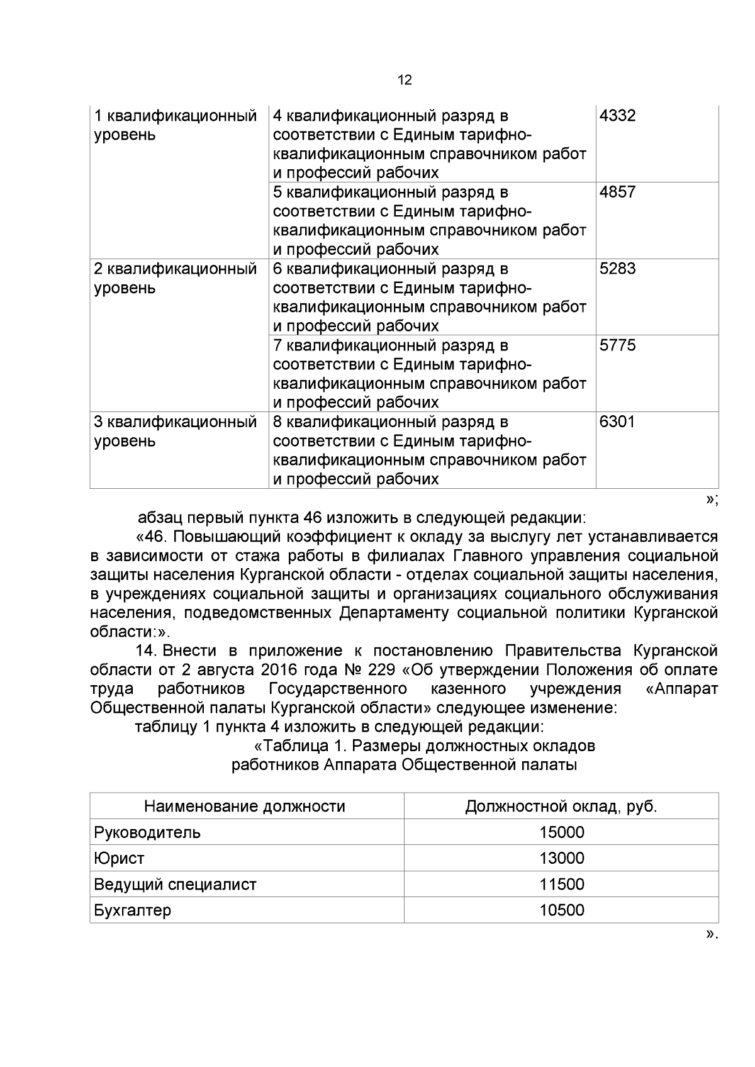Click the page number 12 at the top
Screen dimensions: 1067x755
405,80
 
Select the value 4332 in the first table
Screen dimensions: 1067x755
617,116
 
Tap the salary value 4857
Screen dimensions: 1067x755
617,193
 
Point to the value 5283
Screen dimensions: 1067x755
617,269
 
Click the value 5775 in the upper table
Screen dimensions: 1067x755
617,345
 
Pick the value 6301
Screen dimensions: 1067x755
617,422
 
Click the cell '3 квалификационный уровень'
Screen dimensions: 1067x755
176,431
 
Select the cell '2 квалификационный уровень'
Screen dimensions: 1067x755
176,279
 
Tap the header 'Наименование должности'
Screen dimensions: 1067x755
245,807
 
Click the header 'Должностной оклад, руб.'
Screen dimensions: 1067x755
561,807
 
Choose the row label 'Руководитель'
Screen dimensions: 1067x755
147,833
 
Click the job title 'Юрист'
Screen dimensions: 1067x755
119,859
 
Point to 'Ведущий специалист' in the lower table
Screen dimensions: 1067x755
175,885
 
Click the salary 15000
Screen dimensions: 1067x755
561,833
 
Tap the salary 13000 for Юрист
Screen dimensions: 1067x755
561,859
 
